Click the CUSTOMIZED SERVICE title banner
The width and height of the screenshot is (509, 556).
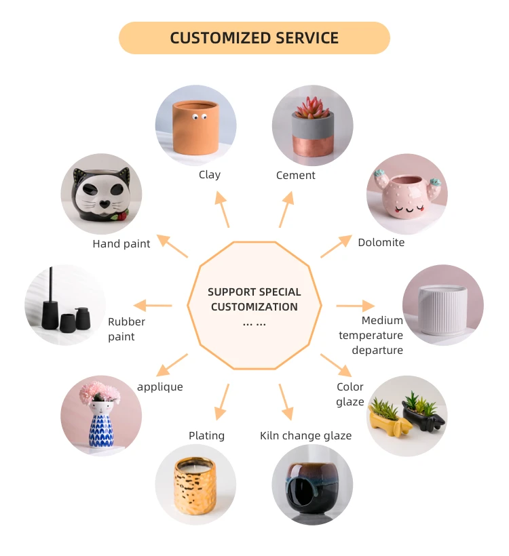click(x=254, y=38)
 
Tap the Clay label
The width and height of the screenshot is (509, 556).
click(x=210, y=174)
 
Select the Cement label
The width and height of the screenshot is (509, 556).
click(x=295, y=175)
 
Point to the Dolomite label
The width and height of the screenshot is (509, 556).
click(x=381, y=242)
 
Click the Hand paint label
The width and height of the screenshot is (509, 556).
click(x=121, y=243)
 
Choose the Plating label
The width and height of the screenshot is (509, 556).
click(x=206, y=435)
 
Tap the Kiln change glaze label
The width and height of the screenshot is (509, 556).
click(x=305, y=435)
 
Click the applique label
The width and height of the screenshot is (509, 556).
click(x=159, y=386)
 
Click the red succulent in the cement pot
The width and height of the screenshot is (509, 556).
click(x=313, y=107)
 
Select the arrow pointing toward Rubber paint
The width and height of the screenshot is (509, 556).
click(x=152, y=306)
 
